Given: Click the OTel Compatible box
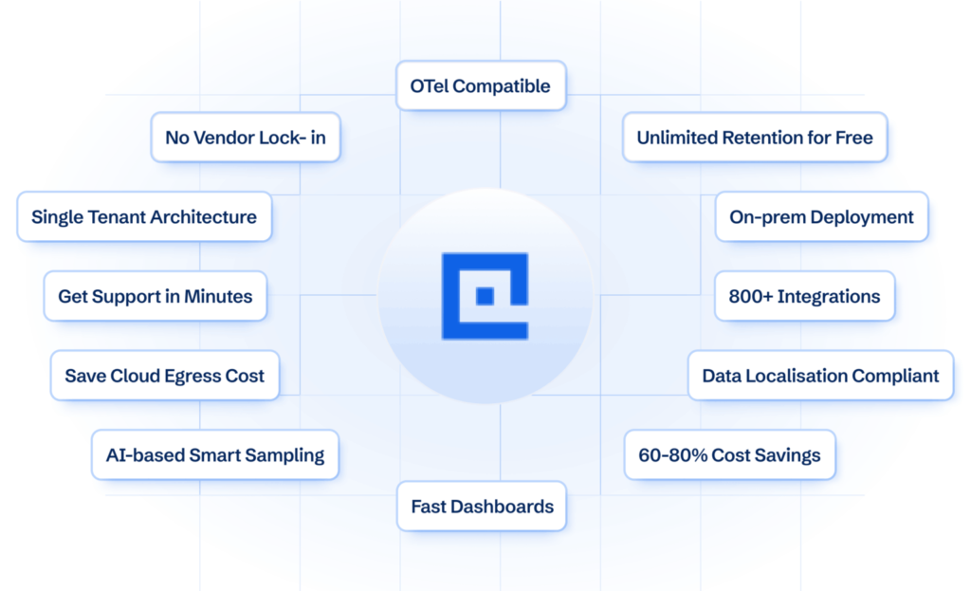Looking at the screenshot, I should pyautogui.click(x=480, y=86).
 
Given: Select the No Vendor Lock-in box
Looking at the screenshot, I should pyautogui.click(x=245, y=138).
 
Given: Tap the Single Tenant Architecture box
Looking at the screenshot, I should pyautogui.click(x=144, y=217).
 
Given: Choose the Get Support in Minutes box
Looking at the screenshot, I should pyautogui.click(x=155, y=297).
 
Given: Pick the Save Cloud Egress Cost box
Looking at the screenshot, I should pyautogui.click(x=164, y=376).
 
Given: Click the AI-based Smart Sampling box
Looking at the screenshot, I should pyautogui.click(x=214, y=455).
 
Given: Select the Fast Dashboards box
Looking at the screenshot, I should pyautogui.click(x=482, y=507).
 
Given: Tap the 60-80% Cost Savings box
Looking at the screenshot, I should pyautogui.click(x=729, y=455).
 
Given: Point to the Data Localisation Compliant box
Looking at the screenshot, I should pyautogui.click(x=820, y=376).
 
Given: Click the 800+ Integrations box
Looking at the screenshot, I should pyautogui.click(x=804, y=297).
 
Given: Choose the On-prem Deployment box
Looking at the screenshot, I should pyautogui.click(x=821, y=217).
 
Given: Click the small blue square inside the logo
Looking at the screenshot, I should pyautogui.click(x=485, y=296).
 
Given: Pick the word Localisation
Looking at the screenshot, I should pyautogui.click(x=795, y=376).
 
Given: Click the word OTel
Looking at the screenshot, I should pyautogui.click(x=429, y=86).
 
